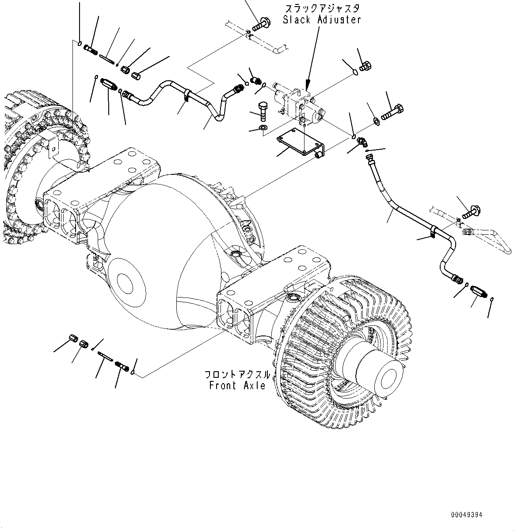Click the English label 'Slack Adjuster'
point(322,20)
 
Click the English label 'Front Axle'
point(237,385)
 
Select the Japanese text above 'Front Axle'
point(237,375)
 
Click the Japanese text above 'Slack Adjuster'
point(322,8)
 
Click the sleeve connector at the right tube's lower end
point(479,292)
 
